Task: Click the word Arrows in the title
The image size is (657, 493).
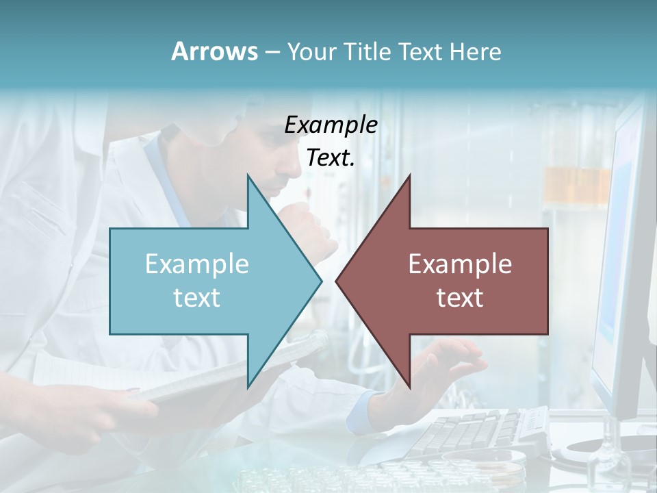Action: pos(214,51)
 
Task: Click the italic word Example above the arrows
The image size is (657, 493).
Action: pos(331,125)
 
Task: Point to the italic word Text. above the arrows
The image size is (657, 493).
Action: pos(331,157)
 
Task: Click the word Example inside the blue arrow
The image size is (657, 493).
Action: pos(197,264)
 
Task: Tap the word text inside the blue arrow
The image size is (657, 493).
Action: pos(197,297)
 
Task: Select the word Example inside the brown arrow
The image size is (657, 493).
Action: pos(460,264)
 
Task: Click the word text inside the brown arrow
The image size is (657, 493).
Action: pos(460,297)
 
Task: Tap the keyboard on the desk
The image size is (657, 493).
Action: pos(479,431)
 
